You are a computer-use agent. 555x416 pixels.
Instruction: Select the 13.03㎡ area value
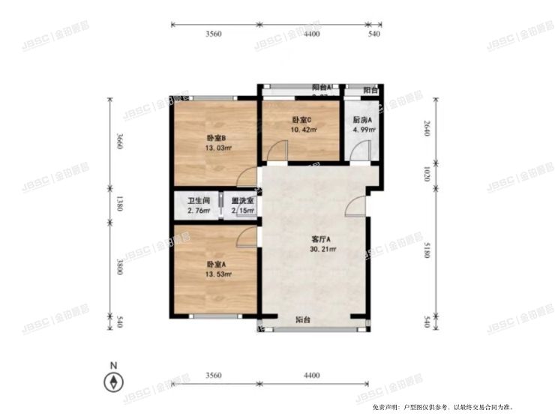pos(217,148)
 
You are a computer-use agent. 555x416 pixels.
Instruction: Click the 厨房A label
pos(364,120)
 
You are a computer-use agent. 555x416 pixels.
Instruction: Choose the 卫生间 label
pos(199,201)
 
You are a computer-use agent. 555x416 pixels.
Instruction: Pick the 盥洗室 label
pos(242,201)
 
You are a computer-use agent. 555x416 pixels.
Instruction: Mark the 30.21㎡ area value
pos(322,250)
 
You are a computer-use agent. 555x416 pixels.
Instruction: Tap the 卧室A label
pos(217,265)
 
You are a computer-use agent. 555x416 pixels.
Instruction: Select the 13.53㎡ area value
pos(217,275)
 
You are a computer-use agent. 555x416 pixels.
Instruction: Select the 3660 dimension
pos(118,142)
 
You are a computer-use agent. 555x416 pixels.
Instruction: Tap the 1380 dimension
pos(118,205)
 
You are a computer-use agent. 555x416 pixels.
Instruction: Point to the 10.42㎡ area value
pos(302,130)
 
